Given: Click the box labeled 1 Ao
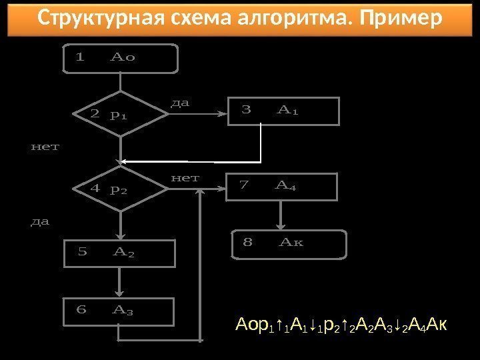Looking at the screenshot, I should coord(120,58).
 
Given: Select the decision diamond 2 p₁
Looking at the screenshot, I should coord(121,115).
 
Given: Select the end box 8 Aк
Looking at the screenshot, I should coord(289,243).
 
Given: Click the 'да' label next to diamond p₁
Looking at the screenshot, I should coord(180,103).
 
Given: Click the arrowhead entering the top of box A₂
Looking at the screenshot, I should coord(120,236).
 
